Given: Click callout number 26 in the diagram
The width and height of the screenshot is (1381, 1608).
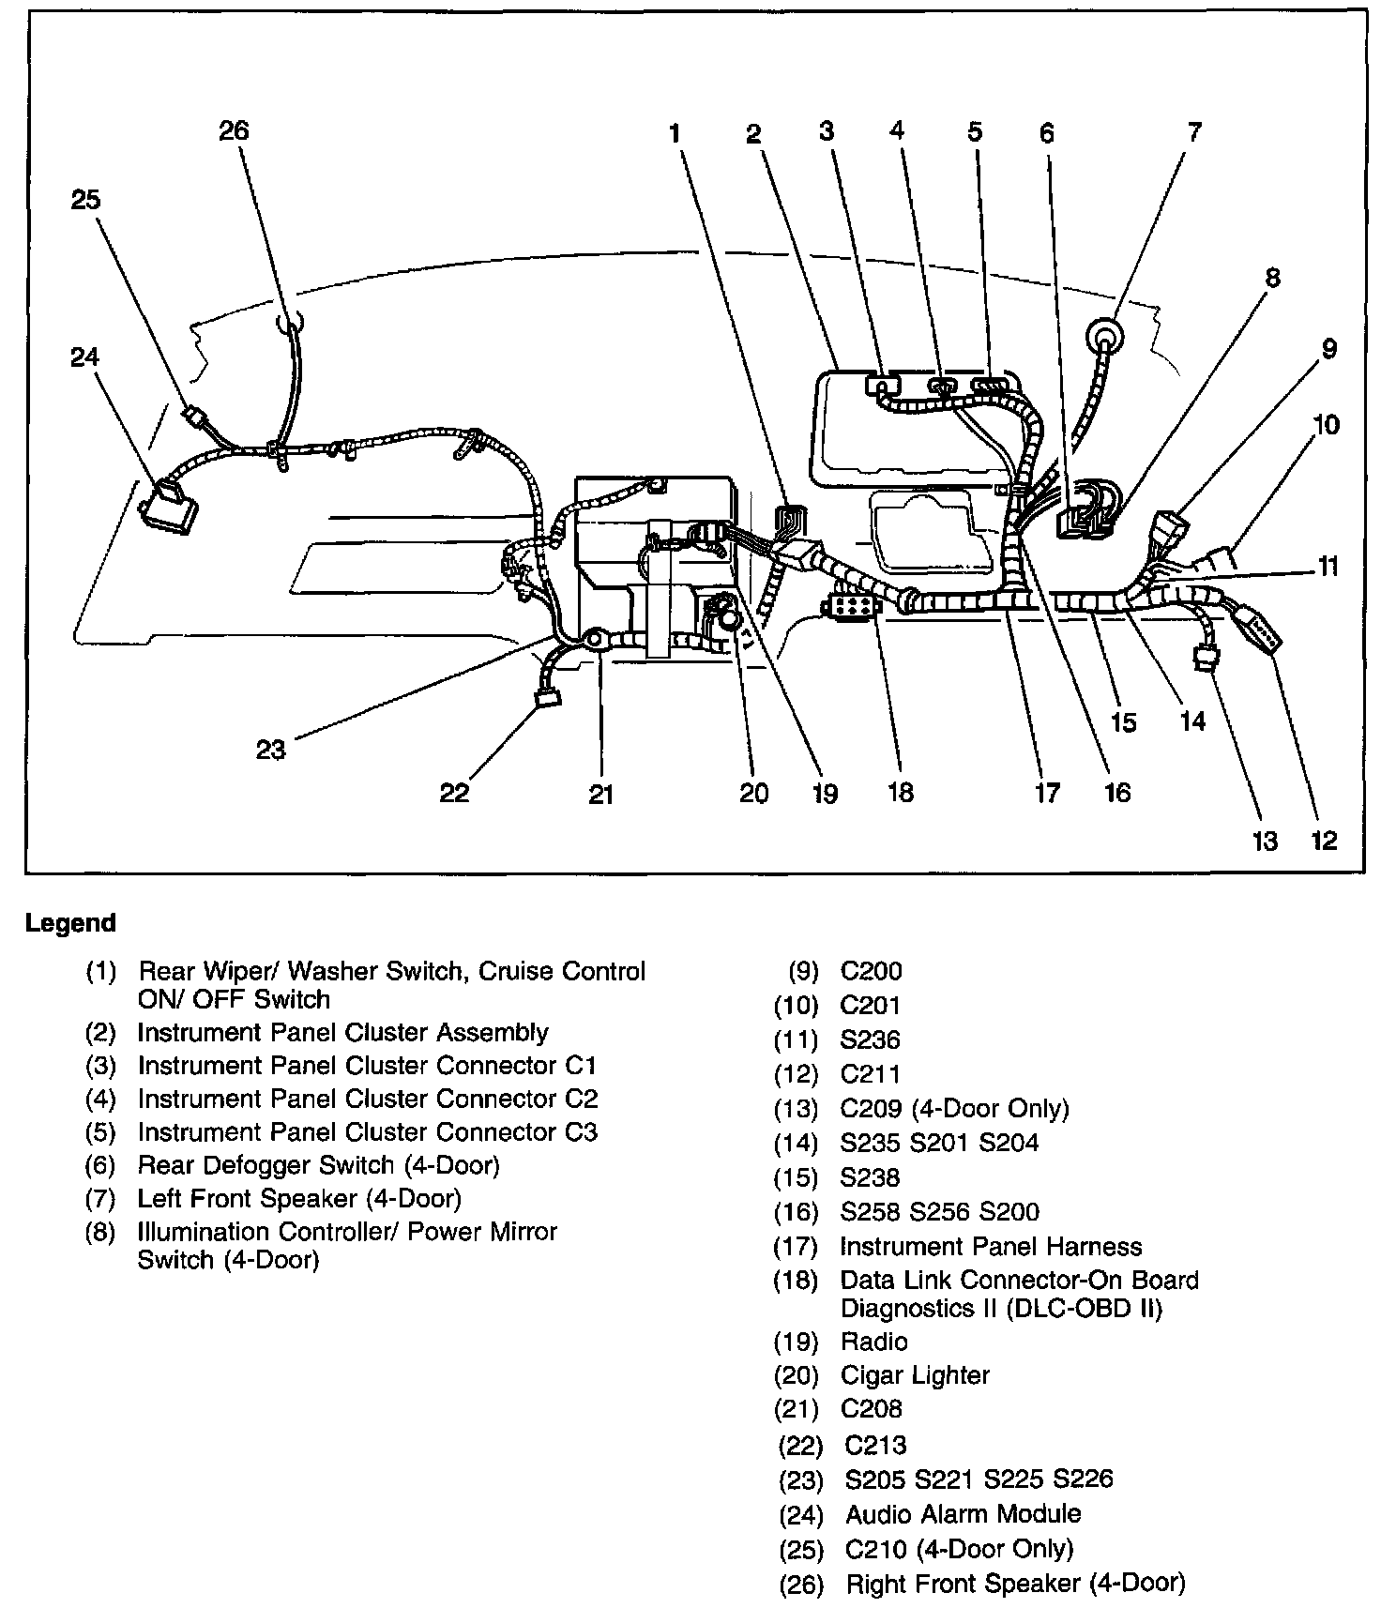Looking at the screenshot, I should (234, 130).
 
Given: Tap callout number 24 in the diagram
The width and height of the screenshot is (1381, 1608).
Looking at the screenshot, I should (84, 357).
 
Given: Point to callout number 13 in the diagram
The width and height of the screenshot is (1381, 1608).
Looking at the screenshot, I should (1265, 841).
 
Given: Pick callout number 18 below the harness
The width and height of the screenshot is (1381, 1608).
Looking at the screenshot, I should (900, 793).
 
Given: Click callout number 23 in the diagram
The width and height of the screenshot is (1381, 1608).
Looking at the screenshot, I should (270, 750).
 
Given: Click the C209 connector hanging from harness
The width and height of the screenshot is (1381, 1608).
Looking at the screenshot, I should (1205, 660).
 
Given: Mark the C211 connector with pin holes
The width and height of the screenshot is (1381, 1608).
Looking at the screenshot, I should (1257, 634).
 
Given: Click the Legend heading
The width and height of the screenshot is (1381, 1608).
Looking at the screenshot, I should (70, 923).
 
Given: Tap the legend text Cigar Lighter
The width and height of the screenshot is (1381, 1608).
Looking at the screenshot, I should (915, 1375).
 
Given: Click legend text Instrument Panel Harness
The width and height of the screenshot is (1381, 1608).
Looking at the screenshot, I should (991, 1247).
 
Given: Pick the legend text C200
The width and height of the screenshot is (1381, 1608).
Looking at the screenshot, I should (871, 971).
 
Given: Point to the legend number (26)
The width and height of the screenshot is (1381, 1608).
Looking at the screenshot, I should (800, 1585).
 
